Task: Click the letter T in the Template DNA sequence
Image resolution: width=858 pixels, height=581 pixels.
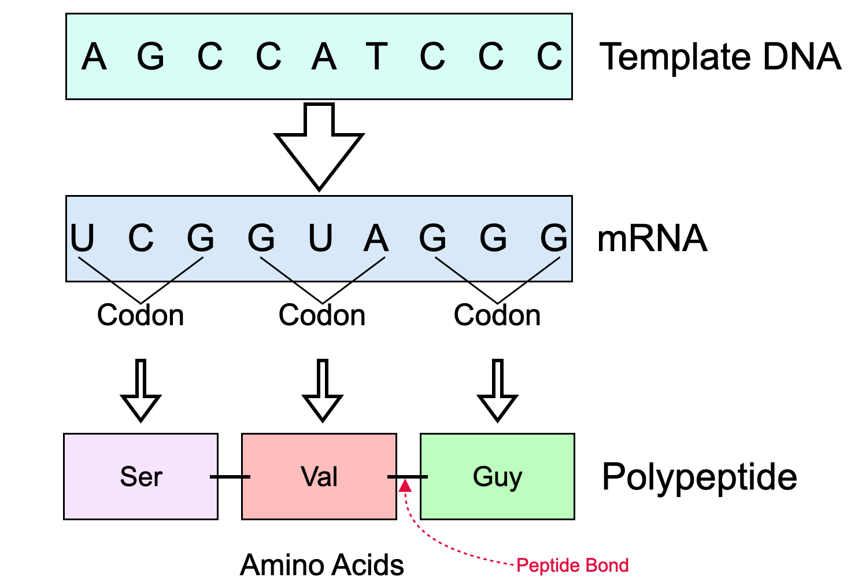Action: click(376, 56)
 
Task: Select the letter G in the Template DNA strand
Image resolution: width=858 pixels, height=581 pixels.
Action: click(150, 56)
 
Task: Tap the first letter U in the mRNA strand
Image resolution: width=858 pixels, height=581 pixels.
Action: click(82, 237)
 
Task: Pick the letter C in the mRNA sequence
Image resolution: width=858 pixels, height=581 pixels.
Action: click(140, 237)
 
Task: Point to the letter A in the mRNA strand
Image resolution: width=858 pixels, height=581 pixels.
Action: click(376, 238)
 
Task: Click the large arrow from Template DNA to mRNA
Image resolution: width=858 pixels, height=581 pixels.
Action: click(319, 146)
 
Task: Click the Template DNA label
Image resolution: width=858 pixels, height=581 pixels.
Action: click(720, 57)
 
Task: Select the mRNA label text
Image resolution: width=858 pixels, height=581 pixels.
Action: click(652, 238)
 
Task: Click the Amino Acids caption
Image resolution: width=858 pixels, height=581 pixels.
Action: click(321, 565)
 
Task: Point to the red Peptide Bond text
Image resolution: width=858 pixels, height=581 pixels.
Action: click(572, 565)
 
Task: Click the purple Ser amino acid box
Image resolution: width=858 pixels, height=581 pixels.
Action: click(140, 477)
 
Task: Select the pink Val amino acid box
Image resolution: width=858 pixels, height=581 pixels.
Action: click(319, 477)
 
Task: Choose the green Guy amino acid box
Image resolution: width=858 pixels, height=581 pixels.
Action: click(498, 477)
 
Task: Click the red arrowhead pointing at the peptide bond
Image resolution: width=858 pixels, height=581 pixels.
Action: click(405, 486)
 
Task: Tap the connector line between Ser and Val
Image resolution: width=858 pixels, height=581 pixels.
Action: click(230, 477)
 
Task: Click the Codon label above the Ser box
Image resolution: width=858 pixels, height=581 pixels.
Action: click(140, 315)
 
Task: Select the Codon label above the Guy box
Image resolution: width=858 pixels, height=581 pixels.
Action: click(497, 315)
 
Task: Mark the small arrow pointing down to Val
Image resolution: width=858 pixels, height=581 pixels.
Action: click(323, 391)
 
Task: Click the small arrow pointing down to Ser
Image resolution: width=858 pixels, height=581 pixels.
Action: click(140, 391)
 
